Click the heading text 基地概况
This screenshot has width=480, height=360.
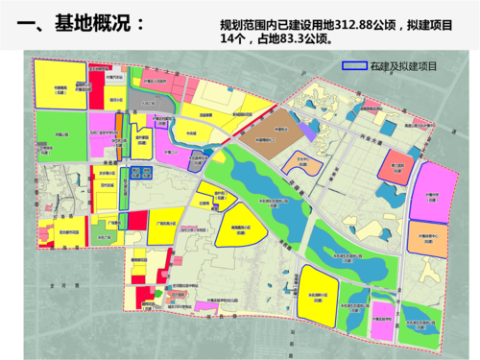pyautogui.click(x=90, y=22)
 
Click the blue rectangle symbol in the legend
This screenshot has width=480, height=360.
pyautogui.click(x=354, y=67)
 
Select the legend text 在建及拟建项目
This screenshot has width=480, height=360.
pyautogui.click(x=404, y=67)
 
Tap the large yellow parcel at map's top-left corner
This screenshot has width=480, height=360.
pyautogui.click(x=59, y=85)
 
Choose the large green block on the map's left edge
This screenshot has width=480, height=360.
pyautogui.click(x=59, y=134)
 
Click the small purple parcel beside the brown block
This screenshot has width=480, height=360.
pyautogui.click(x=305, y=129)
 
